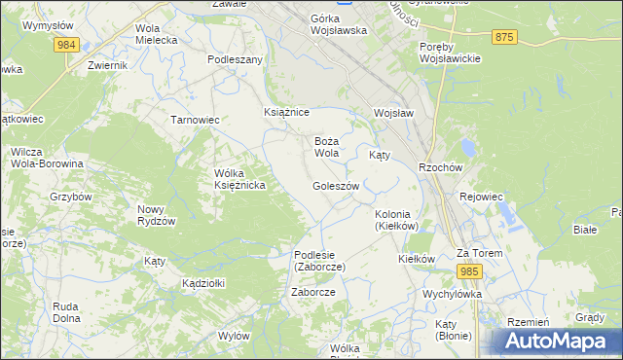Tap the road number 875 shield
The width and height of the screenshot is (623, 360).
pos(503,37)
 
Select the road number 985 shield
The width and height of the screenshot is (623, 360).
pos(470,270)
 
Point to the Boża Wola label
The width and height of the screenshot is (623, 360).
pos(326,147)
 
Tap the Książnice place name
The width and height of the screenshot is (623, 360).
pos(286,113)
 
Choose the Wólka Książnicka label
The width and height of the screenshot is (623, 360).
pos(240,179)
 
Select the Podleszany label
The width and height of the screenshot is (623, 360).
pos(236,59)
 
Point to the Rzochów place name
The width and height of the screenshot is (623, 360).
pos(440,166)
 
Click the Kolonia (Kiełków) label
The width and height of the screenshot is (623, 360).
pos(396,220)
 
